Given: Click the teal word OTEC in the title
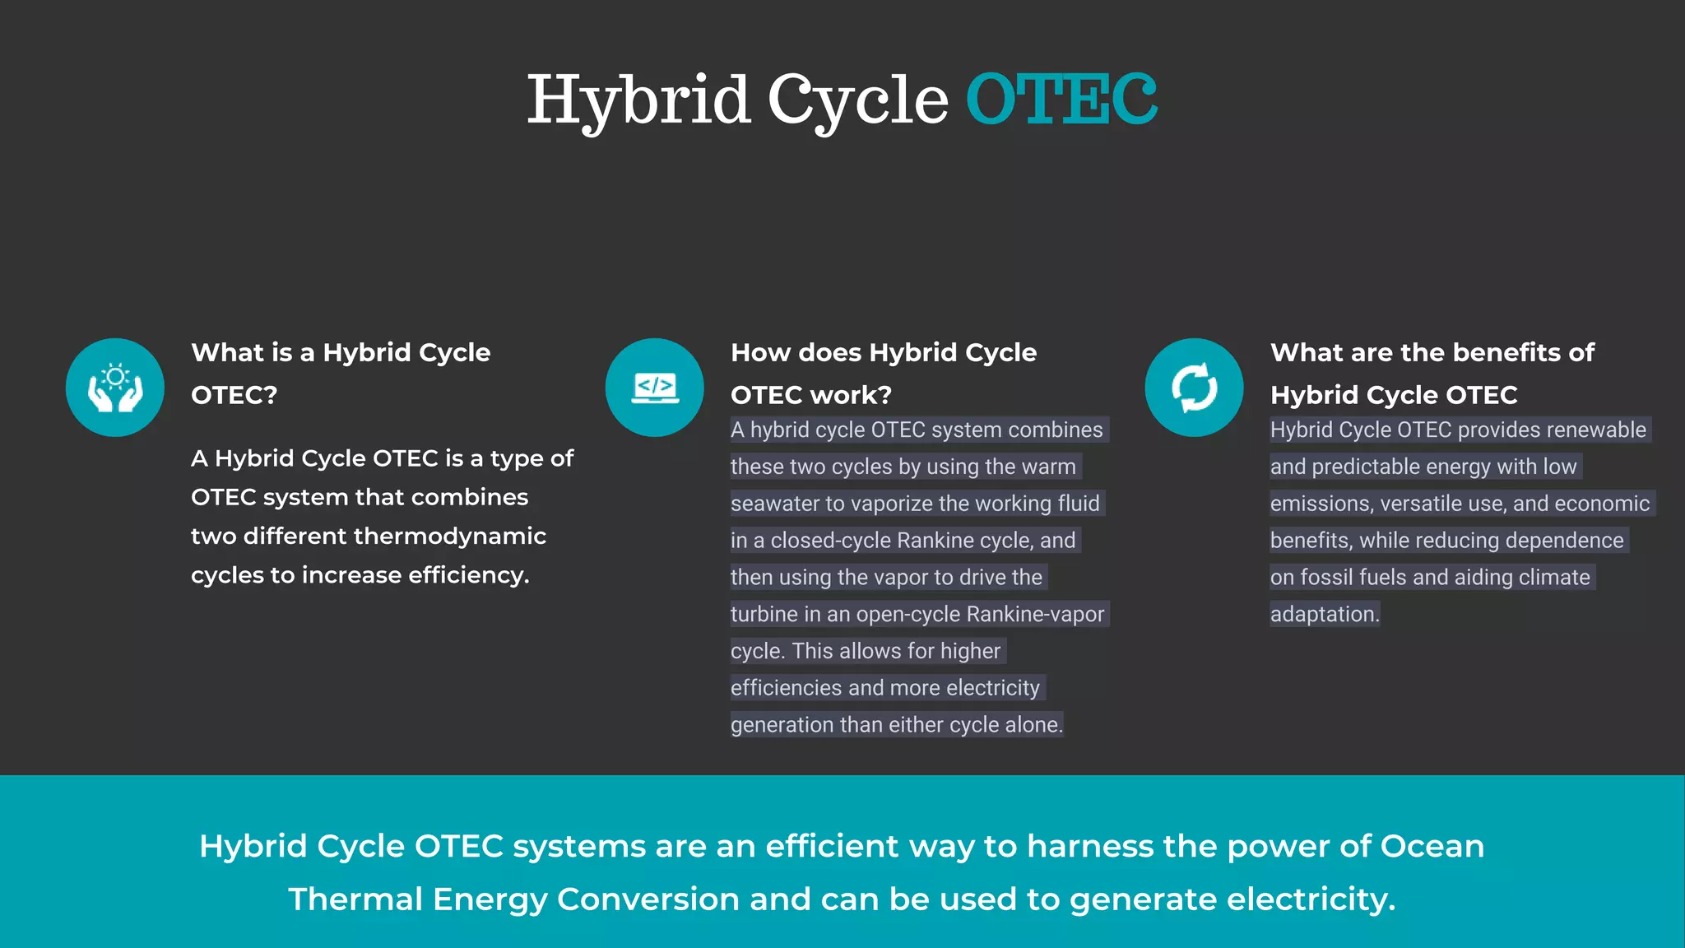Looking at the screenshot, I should point(1061,100).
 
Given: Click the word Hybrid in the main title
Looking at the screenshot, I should point(638,100).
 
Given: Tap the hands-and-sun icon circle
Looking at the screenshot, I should point(115,387).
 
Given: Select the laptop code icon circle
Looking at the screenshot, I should point(655,387).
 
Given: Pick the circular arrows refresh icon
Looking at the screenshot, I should point(1194,387).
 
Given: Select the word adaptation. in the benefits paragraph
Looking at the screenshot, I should point(1325,614).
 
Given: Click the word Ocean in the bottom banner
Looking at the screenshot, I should point(1432,846).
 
